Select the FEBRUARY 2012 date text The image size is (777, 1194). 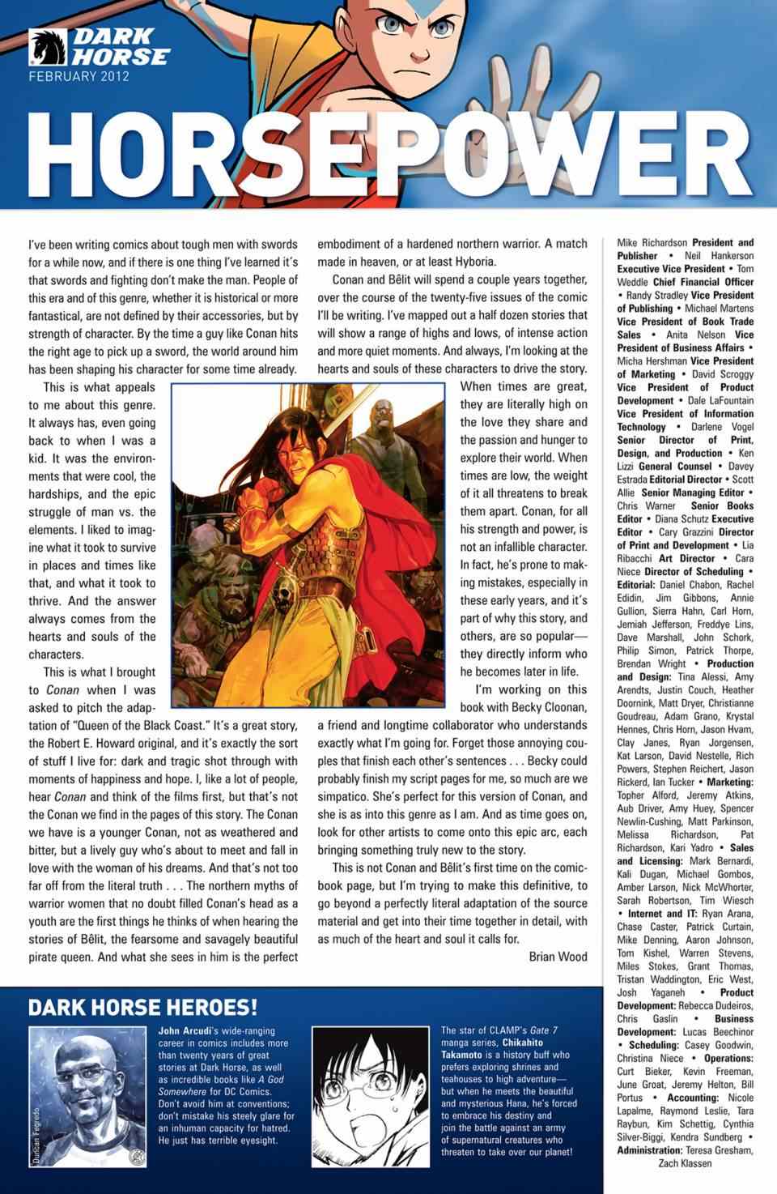point(79,78)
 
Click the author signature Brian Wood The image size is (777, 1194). point(558,957)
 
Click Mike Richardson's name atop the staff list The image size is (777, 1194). point(652,242)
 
